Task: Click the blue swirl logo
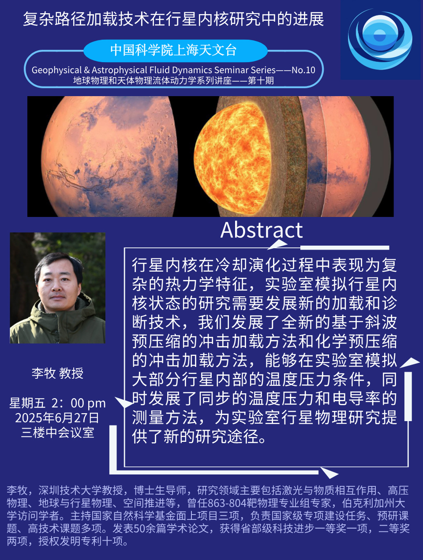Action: click(380, 39)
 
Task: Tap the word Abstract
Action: click(262, 230)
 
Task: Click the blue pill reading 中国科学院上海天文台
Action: click(175, 51)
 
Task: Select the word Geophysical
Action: click(56, 70)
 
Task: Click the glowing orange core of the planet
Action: click(232, 158)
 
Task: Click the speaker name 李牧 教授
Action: click(58, 373)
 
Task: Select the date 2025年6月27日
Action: click(57, 418)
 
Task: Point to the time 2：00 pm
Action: click(79, 403)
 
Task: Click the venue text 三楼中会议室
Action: click(58, 433)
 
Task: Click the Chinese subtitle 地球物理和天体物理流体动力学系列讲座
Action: click(152, 81)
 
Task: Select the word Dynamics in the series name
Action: click(193, 70)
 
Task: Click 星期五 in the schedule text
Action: click(27, 403)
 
